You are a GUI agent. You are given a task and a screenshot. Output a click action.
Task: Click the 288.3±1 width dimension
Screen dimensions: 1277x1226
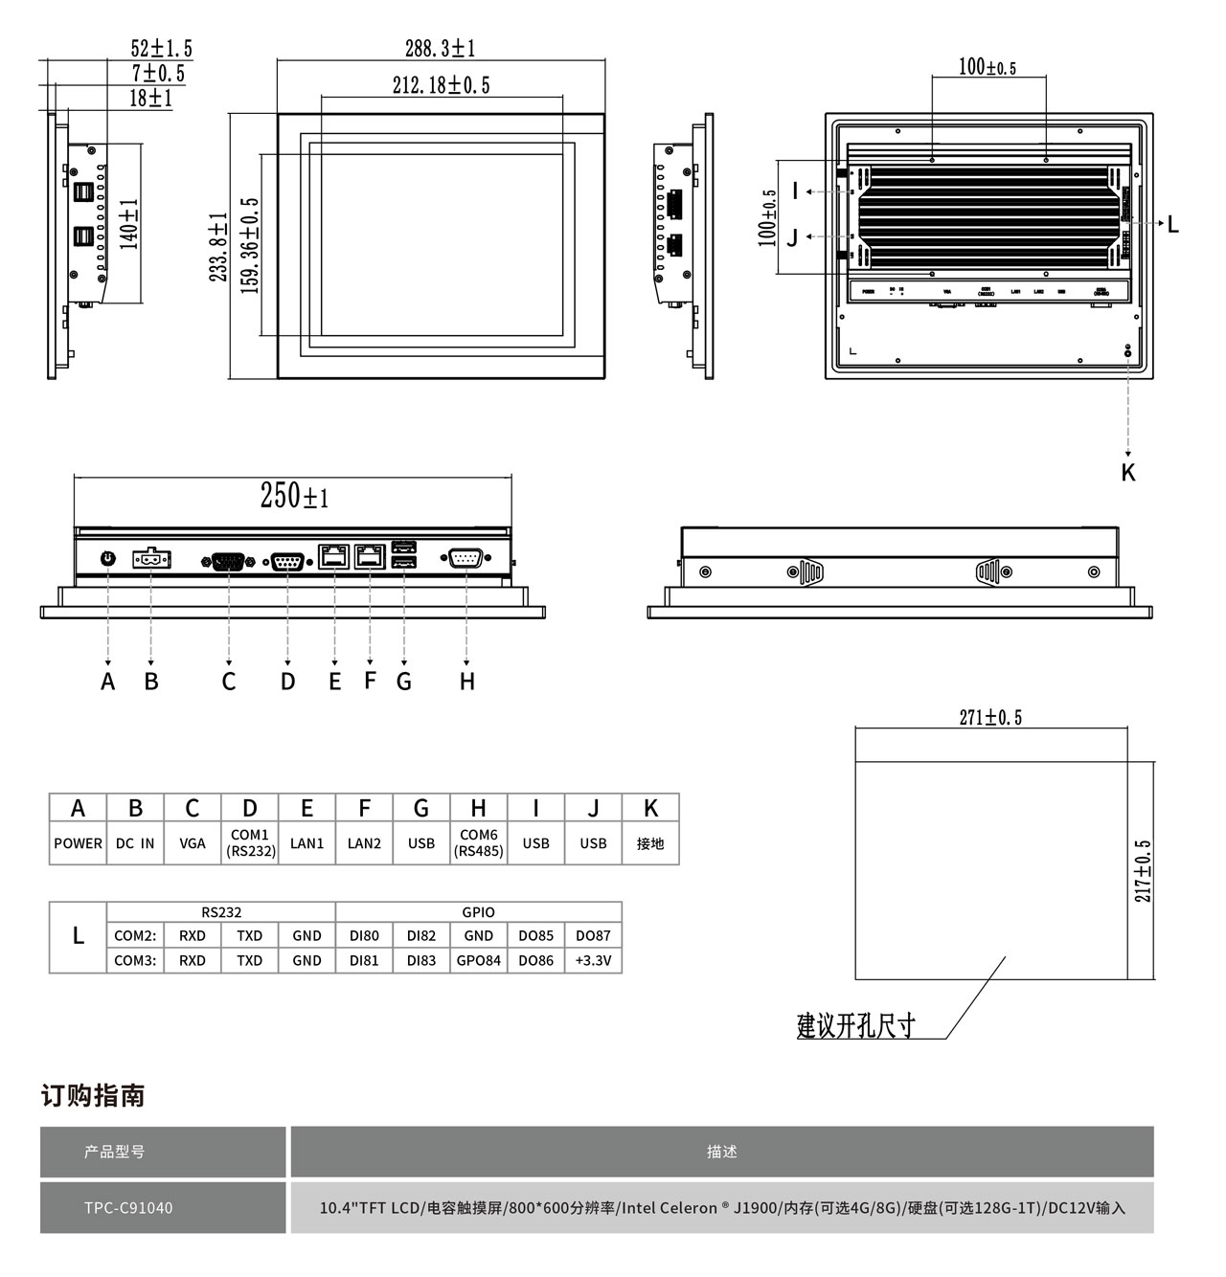pyautogui.click(x=440, y=48)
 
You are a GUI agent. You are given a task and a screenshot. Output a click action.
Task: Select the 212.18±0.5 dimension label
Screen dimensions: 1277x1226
pyautogui.click(x=441, y=85)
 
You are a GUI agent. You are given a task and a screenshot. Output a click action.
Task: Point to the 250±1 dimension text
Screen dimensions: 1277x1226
pyautogui.click(x=294, y=495)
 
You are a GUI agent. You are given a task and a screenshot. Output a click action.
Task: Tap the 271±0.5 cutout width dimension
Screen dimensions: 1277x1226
pyautogui.click(x=990, y=717)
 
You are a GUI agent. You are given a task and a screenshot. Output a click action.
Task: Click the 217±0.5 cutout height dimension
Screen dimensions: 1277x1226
pyautogui.click(x=1143, y=871)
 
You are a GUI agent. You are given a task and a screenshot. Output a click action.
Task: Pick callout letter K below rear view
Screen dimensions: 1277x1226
pyautogui.click(x=1128, y=472)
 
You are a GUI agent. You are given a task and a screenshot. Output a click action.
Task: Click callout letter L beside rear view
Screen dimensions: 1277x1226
pyautogui.click(x=1172, y=225)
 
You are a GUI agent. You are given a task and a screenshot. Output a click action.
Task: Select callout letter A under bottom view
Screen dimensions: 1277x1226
pyautogui.click(x=108, y=682)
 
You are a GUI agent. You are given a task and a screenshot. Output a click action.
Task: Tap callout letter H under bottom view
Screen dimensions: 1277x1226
pyautogui.click(x=466, y=682)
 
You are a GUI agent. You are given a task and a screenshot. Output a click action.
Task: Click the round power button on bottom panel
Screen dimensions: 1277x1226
pyautogui.click(x=108, y=557)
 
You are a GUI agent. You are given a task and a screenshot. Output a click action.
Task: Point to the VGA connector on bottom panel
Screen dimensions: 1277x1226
pyautogui.click(x=228, y=562)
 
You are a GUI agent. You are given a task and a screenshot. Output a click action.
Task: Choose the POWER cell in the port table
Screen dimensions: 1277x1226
pyautogui.click(x=78, y=843)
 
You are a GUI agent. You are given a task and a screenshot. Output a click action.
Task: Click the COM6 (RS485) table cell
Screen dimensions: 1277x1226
pyautogui.click(x=478, y=842)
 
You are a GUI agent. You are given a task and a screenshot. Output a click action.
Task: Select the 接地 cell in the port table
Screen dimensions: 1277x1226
pyautogui.click(x=650, y=843)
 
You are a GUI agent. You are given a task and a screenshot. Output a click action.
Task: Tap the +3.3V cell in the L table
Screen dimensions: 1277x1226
pyautogui.click(x=593, y=960)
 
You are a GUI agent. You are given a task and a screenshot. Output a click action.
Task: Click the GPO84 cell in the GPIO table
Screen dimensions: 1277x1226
pyautogui.click(x=478, y=960)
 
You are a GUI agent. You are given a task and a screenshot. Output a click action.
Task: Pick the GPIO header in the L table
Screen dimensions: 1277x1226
pyautogui.click(x=478, y=912)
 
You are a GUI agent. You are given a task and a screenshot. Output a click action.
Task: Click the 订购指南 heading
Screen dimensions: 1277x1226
pyautogui.click(x=93, y=1095)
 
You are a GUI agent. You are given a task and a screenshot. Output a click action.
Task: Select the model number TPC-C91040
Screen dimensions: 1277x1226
pyautogui.click(x=128, y=1207)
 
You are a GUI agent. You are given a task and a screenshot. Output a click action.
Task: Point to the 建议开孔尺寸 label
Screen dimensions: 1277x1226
pyautogui.click(x=855, y=1026)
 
